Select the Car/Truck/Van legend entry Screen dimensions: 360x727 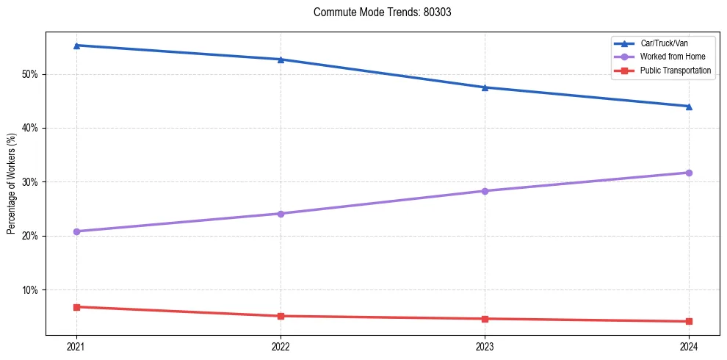[x=664, y=44]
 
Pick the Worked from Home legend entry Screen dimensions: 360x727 [x=668, y=57]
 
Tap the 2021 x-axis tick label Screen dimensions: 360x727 [x=76, y=346]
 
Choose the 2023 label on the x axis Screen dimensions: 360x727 [x=485, y=346]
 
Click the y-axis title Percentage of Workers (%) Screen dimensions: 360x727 [x=12, y=183]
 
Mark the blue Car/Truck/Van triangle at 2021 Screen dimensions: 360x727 [x=76, y=46]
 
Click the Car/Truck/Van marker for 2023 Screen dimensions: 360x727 [x=485, y=87]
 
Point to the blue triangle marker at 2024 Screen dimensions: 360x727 [x=689, y=106]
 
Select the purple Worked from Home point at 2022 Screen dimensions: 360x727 [x=281, y=214]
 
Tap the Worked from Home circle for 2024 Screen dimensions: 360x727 [x=689, y=173]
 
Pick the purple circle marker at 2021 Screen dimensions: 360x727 [x=76, y=231]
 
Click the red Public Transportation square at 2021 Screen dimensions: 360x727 [x=76, y=307]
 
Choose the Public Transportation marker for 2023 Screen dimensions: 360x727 [x=485, y=319]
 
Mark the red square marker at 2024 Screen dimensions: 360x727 [x=689, y=321]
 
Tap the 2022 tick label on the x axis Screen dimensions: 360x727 [x=281, y=346]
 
